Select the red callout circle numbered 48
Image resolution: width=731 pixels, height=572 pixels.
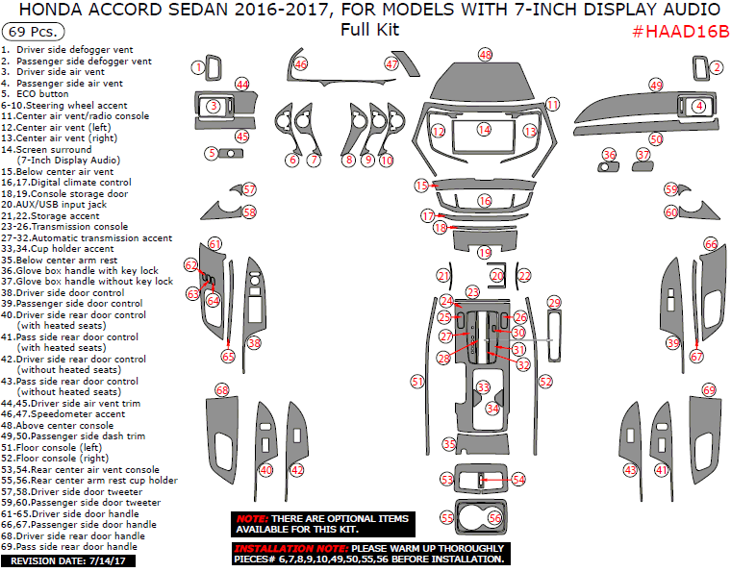pyautogui.click(x=485, y=55)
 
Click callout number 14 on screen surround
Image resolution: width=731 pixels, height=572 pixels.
pyautogui.click(x=485, y=129)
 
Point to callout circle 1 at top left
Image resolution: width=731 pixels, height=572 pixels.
pyautogui.click(x=198, y=67)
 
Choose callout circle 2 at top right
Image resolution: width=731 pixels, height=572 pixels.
pyautogui.click(x=717, y=67)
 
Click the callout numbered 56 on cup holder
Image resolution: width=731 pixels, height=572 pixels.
pyautogui.click(x=494, y=517)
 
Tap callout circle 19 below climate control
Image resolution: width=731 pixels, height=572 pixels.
pyautogui.click(x=485, y=252)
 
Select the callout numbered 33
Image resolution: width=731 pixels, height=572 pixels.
pyautogui.click(x=484, y=387)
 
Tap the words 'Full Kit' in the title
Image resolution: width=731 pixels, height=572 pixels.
pyautogui.click(x=369, y=30)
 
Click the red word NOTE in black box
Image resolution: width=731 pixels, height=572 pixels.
pyautogui.click(x=251, y=518)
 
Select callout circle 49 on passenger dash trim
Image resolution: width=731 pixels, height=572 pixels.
pyautogui.click(x=656, y=86)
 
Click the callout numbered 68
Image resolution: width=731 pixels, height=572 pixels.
pyautogui.click(x=222, y=390)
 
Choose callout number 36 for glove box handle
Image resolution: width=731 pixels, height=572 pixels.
pyautogui.click(x=609, y=155)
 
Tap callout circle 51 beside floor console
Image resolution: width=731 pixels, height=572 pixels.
pyautogui.click(x=416, y=382)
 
